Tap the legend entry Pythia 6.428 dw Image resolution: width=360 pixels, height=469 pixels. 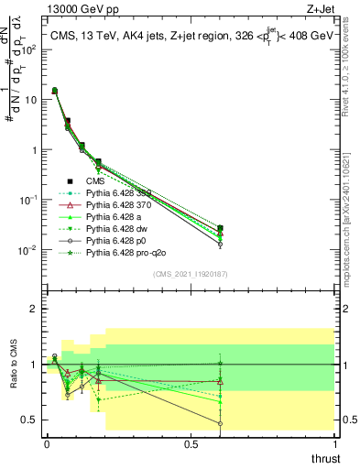(x=121, y=228)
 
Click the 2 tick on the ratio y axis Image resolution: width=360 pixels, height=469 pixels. (x=34, y=309)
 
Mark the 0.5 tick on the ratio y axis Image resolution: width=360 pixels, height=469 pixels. (x=30, y=420)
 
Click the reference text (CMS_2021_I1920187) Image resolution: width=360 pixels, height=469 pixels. (x=191, y=274)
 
